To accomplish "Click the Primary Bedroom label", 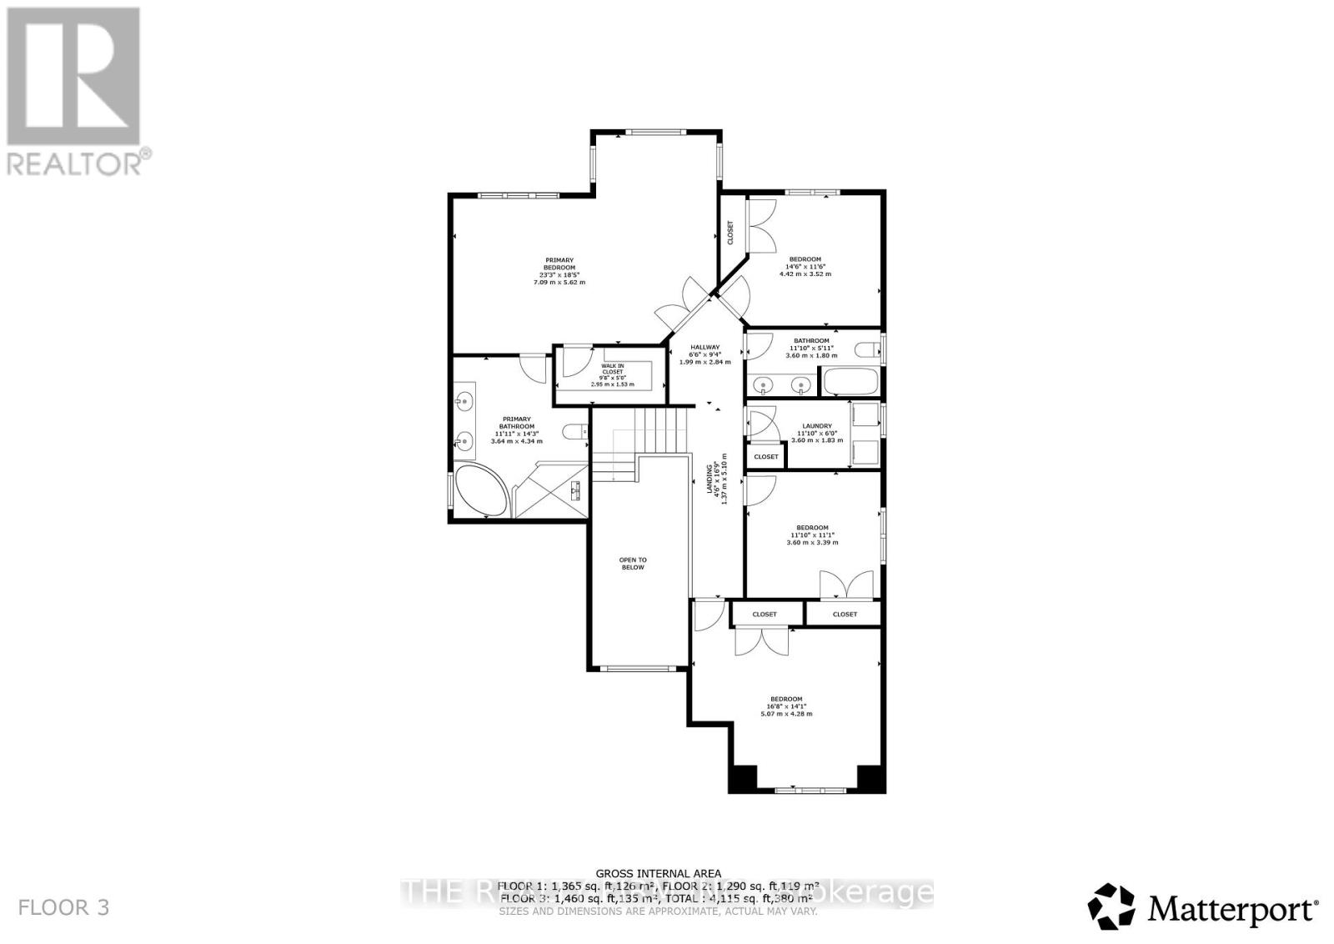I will [x=559, y=264].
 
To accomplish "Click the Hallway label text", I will [x=705, y=347].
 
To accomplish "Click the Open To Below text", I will [x=632, y=563].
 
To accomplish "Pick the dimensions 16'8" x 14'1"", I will [x=786, y=706].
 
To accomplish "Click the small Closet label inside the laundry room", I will [x=766, y=457].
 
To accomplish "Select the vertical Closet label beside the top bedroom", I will [x=730, y=232].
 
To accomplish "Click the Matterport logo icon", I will [x=1112, y=906].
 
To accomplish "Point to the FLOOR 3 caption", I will [x=63, y=907].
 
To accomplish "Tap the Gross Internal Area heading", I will [x=659, y=873].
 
